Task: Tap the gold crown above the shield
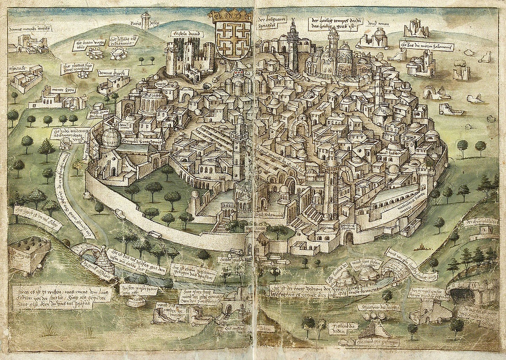[231, 17]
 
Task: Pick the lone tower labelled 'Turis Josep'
[146, 20]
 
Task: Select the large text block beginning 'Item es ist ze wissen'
[62, 293]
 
